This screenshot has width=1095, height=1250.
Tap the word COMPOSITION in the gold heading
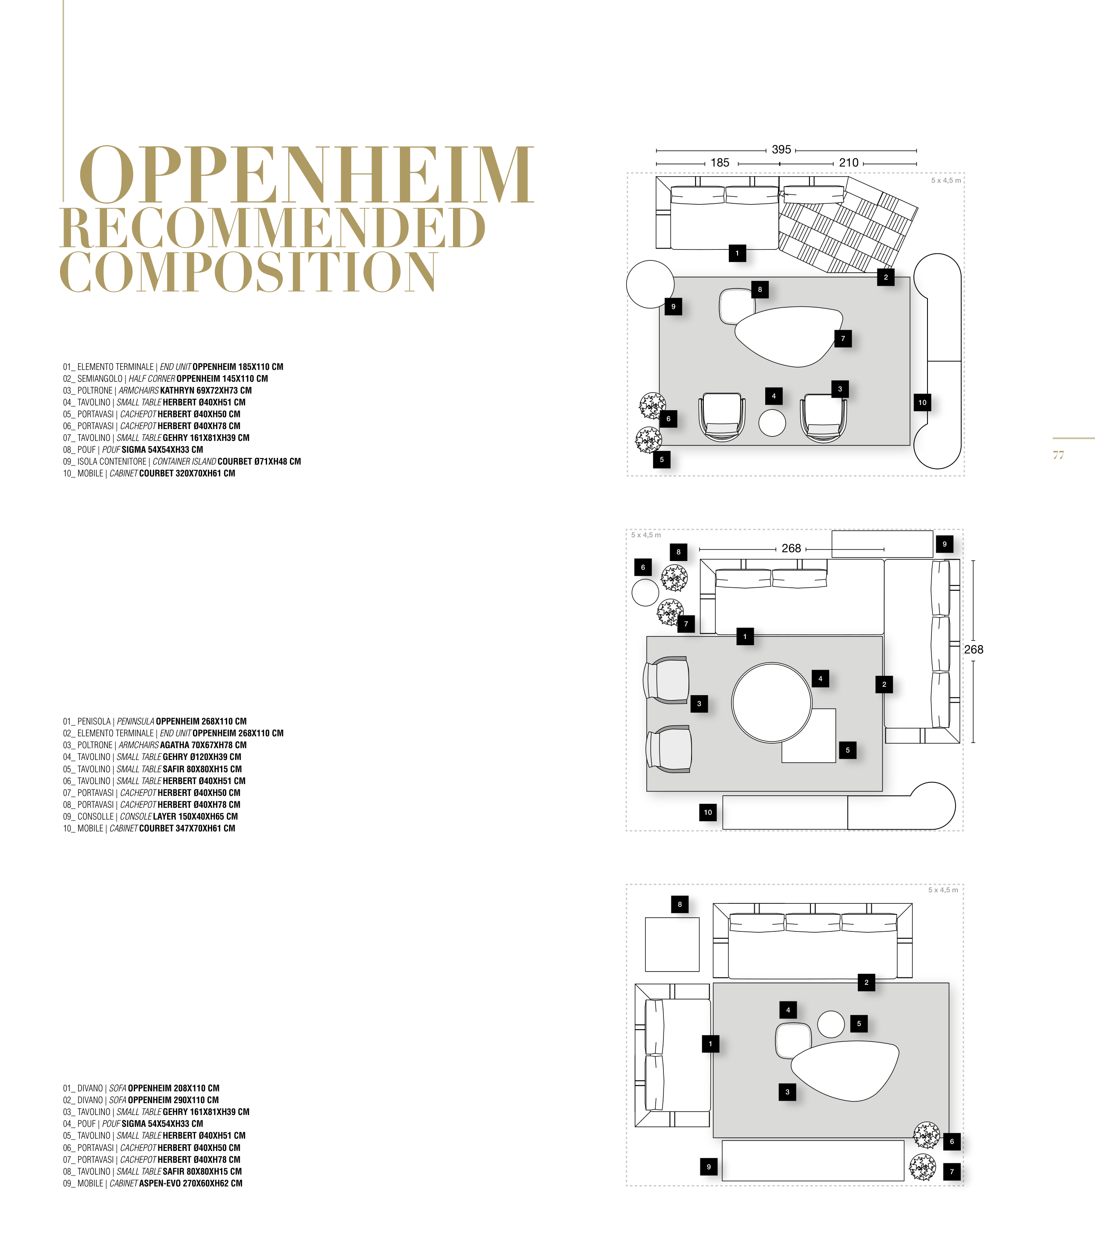[x=248, y=271]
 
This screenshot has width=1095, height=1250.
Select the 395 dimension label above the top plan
[x=781, y=149]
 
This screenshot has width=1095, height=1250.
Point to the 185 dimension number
[x=720, y=163]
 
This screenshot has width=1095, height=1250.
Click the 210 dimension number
[x=849, y=163]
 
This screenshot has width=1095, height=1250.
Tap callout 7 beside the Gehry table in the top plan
[x=843, y=338]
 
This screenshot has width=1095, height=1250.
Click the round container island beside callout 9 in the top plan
[x=650, y=284]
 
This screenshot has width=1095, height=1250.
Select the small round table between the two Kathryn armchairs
[x=772, y=423]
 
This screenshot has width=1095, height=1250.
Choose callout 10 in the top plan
[x=922, y=402]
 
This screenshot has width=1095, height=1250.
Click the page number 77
[x=1058, y=455]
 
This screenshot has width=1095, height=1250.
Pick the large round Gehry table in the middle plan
[x=772, y=702]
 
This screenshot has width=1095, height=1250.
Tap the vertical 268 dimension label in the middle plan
[x=974, y=649]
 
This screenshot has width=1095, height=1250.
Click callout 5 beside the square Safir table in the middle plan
[x=848, y=750]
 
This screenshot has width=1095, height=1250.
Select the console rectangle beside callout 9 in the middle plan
[x=882, y=543]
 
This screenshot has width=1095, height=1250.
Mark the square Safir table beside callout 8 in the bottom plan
[x=672, y=944]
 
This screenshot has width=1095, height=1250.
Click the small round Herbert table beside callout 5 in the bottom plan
[x=831, y=1024]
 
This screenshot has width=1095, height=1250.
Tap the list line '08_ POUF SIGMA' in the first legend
[x=133, y=449]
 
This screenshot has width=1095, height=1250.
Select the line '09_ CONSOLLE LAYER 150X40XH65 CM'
[x=150, y=817]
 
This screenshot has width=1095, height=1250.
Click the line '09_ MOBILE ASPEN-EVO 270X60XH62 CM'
[x=153, y=1183]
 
